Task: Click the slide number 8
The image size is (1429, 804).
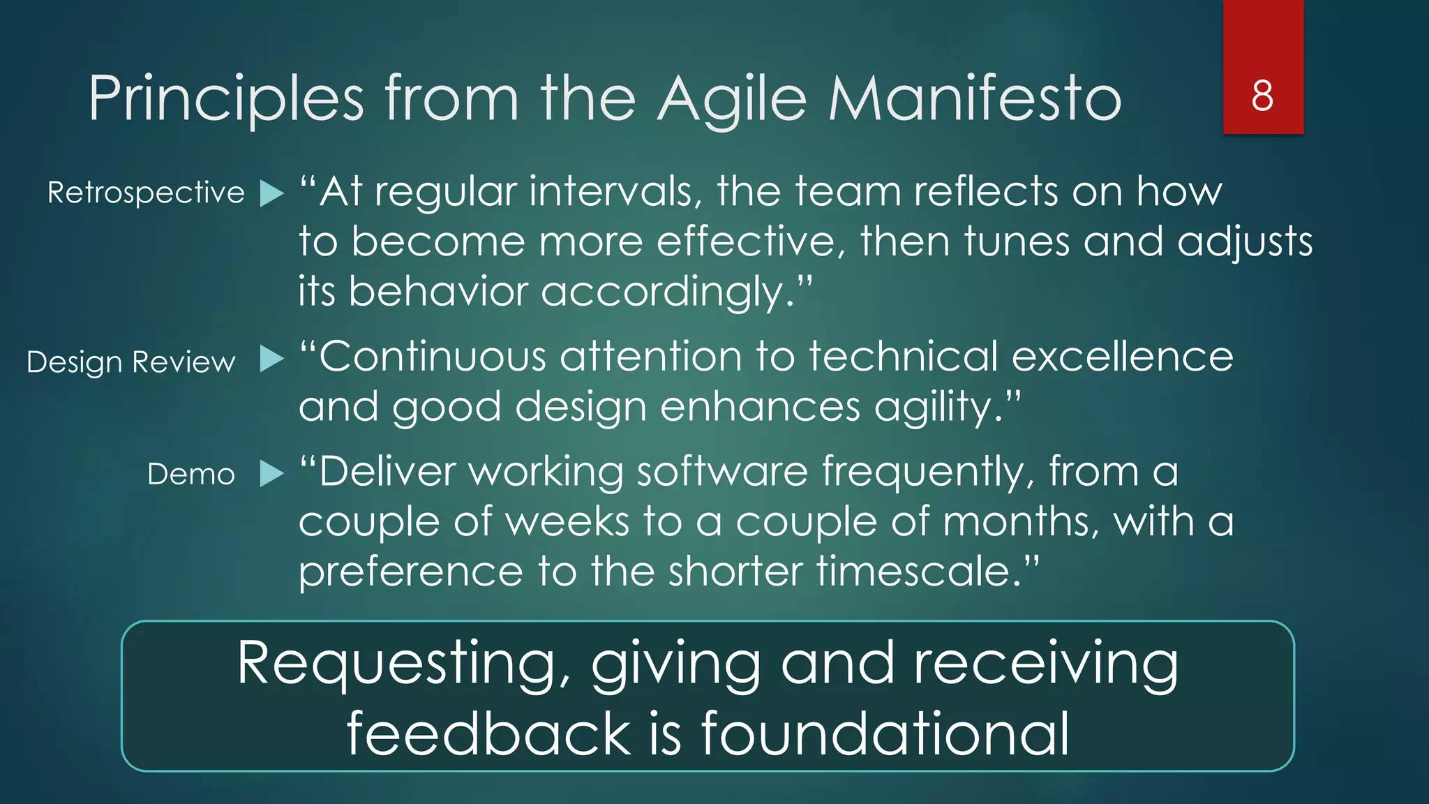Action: pyautogui.click(x=1262, y=96)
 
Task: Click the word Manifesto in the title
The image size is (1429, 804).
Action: pyautogui.click(x=975, y=98)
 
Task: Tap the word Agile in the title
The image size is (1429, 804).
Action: pyautogui.click(x=732, y=98)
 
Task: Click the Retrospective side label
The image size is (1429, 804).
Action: pyautogui.click(x=146, y=193)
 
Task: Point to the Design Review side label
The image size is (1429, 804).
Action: pyautogui.click(x=131, y=362)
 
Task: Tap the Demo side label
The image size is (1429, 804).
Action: pyautogui.click(x=191, y=475)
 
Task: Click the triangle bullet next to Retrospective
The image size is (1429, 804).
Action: pyautogui.click(x=271, y=193)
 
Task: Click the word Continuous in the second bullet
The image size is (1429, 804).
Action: pyautogui.click(x=433, y=357)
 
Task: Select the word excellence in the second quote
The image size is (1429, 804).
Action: pyautogui.click(x=1122, y=357)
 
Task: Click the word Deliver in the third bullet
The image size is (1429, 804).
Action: pyautogui.click(x=387, y=472)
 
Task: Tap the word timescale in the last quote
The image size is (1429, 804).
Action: pyautogui.click(x=914, y=572)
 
